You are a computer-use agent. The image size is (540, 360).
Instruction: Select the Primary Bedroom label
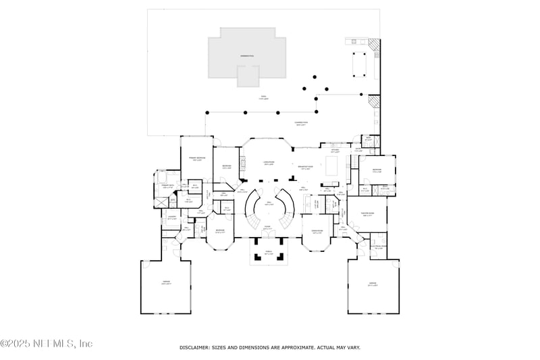pos(196,159)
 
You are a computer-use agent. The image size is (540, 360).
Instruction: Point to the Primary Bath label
pos(168,186)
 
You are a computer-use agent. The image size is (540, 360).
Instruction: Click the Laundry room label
pos(171,218)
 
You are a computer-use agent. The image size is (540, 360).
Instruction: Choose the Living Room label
pos(267,163)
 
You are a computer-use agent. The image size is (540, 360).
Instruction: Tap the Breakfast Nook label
pos(304,168)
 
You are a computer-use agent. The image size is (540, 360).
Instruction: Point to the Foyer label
pos(267,228)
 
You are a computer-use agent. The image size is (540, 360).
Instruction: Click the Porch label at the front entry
pos(268,254)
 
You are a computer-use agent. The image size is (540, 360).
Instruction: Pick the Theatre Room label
pos(368,215)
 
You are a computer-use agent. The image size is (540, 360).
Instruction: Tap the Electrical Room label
pos(379,247)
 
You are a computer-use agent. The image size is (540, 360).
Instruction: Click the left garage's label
pos(166,283)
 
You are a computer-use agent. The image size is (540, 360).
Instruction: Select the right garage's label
pos(372,284)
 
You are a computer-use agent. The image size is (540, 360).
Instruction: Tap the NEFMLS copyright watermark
pos(47,343)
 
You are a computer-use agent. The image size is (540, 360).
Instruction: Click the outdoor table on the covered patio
pos(358,63)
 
